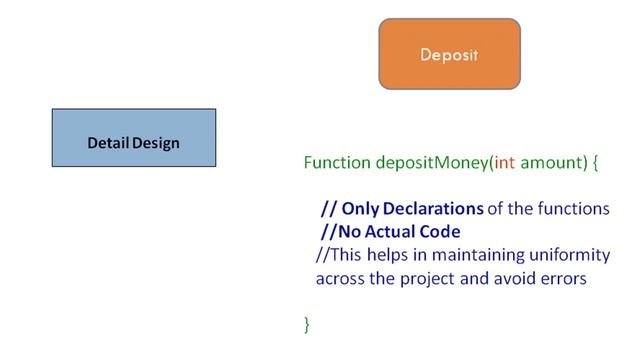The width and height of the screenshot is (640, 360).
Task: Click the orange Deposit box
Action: coord(449,54)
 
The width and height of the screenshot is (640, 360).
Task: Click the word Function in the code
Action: coord(337,161)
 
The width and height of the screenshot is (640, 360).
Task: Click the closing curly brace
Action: coord(308,323)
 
